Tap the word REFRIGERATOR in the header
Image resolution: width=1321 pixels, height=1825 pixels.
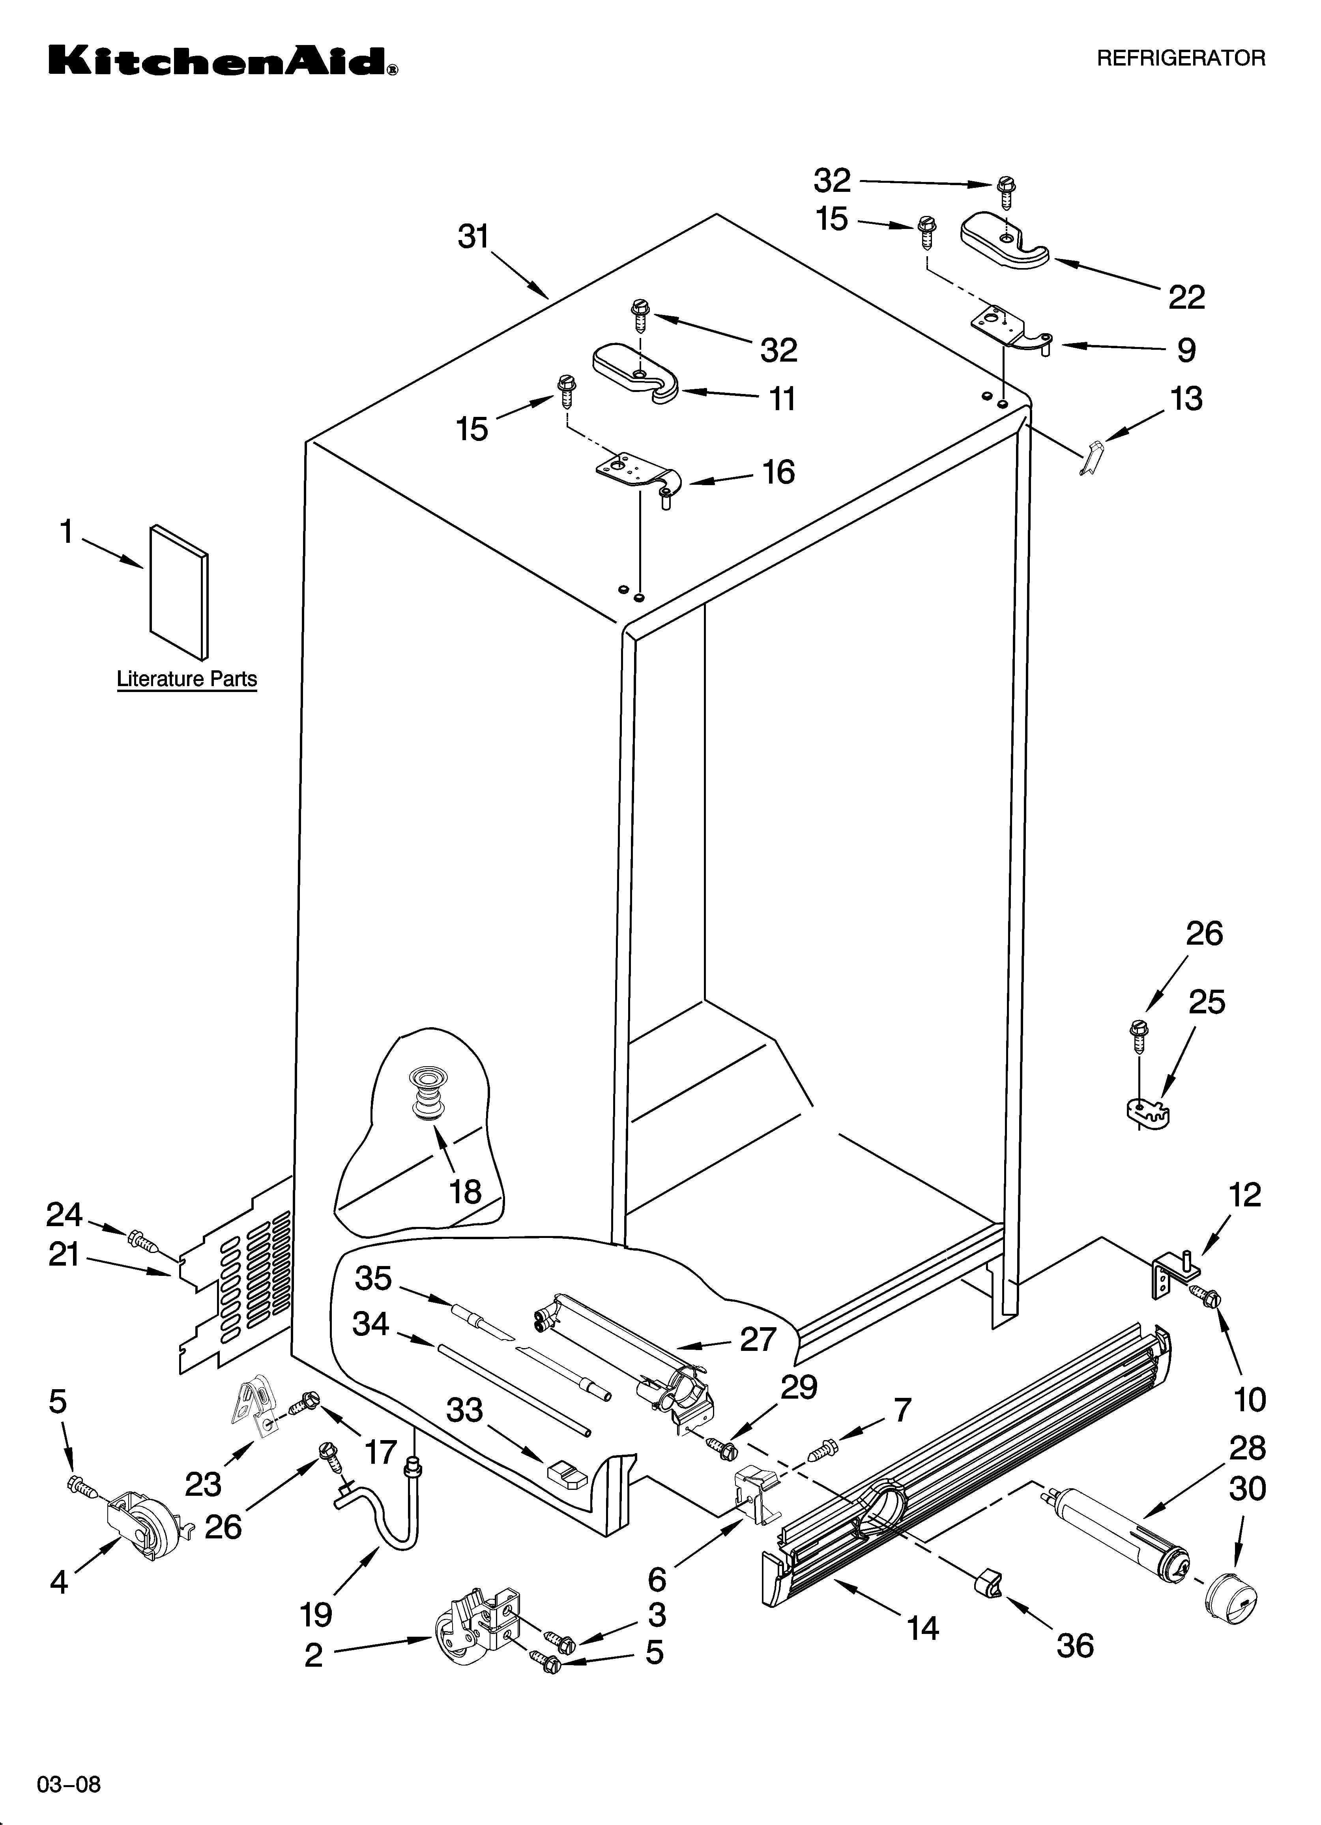1181,58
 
